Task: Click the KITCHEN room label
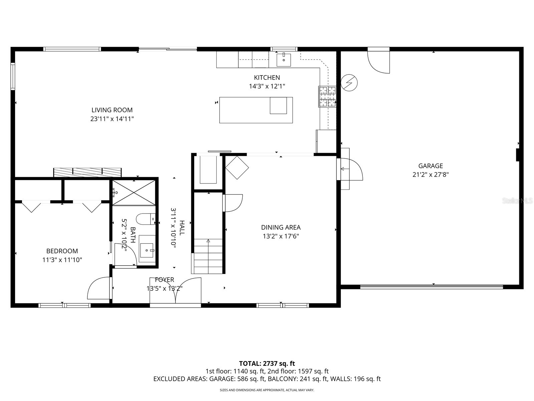point(267,78)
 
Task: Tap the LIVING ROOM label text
point(112,110)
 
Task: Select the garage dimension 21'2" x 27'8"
point(431,174)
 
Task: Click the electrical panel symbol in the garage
point(349,82)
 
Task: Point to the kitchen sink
point(284,60)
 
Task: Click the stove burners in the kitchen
point(327,97)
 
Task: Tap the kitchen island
point(256,110)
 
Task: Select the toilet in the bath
point(146,220)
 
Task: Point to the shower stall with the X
point(133,192)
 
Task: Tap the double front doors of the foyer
point(176,291)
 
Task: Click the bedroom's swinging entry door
point(99,288)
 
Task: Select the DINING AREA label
point(281,228)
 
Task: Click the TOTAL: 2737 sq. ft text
point(267,363)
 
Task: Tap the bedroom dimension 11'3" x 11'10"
point(62,260)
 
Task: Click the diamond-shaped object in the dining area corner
point(237,167)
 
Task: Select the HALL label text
point(182,228)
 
